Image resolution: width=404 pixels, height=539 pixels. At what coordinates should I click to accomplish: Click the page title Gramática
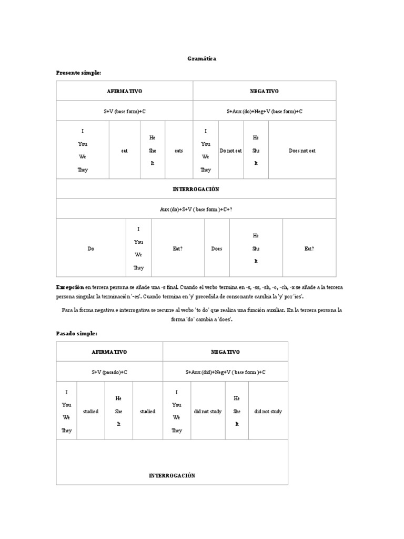point(201,59)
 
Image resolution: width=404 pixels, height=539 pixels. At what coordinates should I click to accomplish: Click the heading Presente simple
point(78,72)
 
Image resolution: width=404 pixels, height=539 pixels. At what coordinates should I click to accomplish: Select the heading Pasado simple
point(77,333)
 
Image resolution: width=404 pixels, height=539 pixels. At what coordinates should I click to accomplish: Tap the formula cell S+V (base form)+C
point(124,111)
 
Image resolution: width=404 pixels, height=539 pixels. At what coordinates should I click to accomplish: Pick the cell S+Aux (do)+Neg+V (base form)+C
point(264,111)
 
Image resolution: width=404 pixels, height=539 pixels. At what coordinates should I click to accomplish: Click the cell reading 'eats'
point(179,151)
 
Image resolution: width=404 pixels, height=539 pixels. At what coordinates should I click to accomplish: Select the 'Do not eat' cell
point(231,151)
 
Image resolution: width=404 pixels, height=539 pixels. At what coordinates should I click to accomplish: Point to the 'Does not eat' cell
point(302,151)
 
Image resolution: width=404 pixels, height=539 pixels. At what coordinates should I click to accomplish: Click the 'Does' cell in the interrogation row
point(217,248)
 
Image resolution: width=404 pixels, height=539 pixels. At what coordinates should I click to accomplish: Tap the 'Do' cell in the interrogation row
point(91,248)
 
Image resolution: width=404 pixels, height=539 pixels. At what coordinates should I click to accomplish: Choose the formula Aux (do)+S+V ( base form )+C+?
point(196,209)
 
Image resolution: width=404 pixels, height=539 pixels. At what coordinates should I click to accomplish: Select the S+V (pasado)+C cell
point(109,372)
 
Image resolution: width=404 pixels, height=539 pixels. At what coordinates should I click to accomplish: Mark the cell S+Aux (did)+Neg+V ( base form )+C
point(225,372)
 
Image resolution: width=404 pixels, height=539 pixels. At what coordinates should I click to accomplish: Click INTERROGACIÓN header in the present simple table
point(196,189)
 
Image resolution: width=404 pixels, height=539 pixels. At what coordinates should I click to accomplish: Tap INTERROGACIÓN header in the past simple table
point(172,476)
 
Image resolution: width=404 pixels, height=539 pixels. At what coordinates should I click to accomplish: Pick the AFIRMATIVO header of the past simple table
point(109,352)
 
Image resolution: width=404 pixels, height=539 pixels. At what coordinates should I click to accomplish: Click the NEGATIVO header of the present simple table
point(264,91)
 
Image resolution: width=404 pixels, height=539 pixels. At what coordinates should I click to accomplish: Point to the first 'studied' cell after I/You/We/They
point(91,411)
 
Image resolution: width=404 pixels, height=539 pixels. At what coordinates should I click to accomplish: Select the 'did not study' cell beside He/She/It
point(268,411)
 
